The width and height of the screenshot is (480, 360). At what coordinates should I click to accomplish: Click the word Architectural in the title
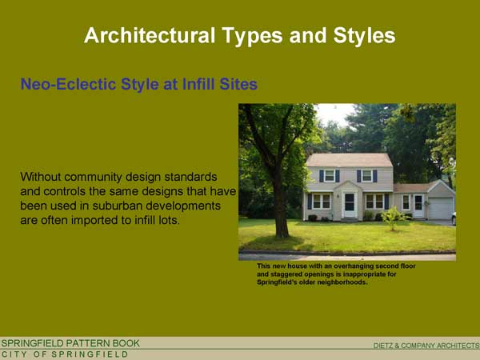[150, 35]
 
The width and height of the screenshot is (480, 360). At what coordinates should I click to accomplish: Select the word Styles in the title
[364, 37]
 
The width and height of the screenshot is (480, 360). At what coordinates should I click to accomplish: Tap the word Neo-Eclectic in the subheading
[68, 84]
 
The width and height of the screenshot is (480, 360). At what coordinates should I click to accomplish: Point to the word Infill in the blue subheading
[198, 84]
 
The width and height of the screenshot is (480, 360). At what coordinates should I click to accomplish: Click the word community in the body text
[93, 177]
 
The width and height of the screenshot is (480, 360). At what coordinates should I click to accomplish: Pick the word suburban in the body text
[117, 206]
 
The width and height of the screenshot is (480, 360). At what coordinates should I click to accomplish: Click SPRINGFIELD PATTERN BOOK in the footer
[70, 343]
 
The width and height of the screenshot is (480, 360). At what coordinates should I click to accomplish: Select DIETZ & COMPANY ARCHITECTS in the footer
[426, 346]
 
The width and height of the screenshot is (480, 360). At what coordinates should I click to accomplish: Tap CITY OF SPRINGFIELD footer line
[65, 354]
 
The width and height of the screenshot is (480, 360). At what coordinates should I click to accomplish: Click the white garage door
[441, 209]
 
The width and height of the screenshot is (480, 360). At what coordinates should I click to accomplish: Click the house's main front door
[350, 205]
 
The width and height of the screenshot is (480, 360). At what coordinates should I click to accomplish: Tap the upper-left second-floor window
[330, 176]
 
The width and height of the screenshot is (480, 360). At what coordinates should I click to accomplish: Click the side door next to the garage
[418, 206]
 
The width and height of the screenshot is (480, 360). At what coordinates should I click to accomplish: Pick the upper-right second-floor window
[366, 176]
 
